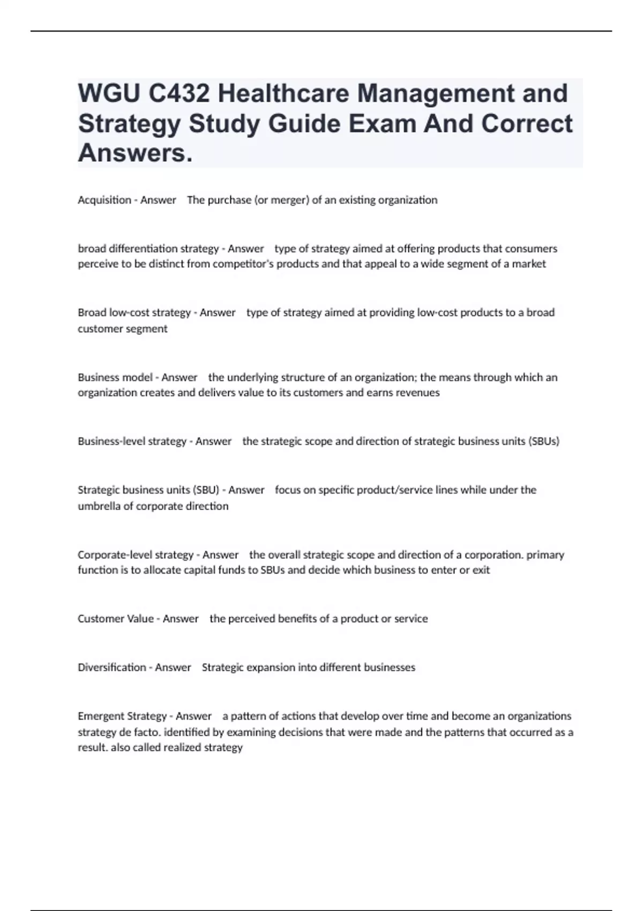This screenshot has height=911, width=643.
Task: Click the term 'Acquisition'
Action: (104, 200)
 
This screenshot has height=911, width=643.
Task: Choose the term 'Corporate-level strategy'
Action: (136, 555)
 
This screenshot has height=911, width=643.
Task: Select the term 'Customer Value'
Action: (116, 618)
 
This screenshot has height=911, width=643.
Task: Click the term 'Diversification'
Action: (112, 667)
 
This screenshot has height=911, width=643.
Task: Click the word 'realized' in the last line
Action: (176, 747)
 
